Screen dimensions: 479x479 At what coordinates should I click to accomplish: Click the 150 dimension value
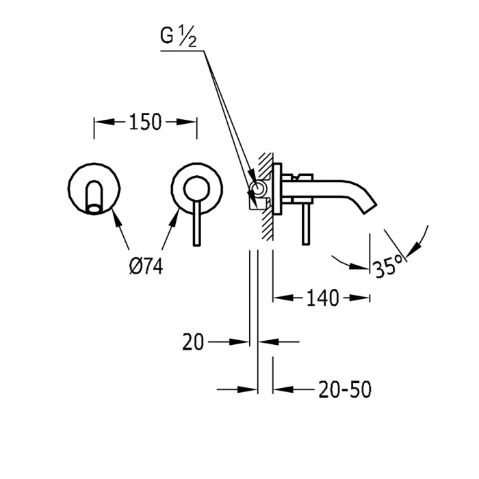(145, 122)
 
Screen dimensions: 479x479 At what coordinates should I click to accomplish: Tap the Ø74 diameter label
(146, 265)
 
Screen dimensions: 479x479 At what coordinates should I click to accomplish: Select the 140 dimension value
(322, 298)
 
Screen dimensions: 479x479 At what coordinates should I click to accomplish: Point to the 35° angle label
(388, 266)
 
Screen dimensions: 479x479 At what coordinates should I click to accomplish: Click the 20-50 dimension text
(345, 389)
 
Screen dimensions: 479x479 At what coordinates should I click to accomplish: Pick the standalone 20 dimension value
(193, 342)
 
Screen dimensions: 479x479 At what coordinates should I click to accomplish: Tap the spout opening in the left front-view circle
(94, 209)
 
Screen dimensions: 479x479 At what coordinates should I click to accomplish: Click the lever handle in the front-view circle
(197, 223)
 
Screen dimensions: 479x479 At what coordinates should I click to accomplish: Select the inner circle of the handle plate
(197, 190)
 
